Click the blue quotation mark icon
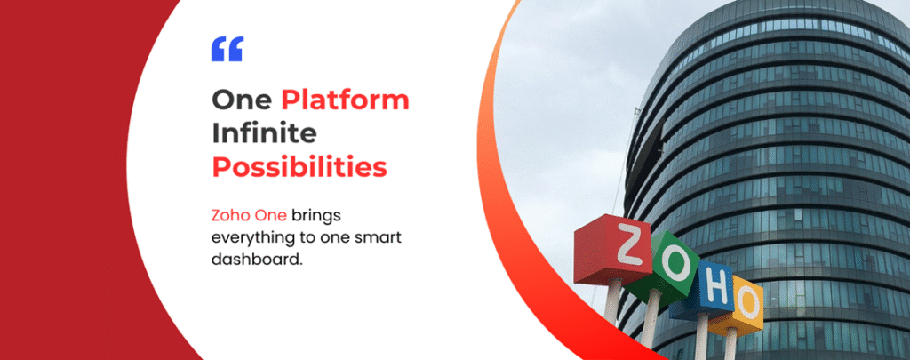[227, 49]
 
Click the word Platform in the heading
[346, 100]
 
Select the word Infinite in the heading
[264, 133]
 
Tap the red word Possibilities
[299, 168]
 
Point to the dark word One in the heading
[242, 100]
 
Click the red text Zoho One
[249, 216]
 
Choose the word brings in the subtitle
[316, 217]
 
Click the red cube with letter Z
[613, 250]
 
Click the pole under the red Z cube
[611, 302]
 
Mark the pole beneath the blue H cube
[702, 338]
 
